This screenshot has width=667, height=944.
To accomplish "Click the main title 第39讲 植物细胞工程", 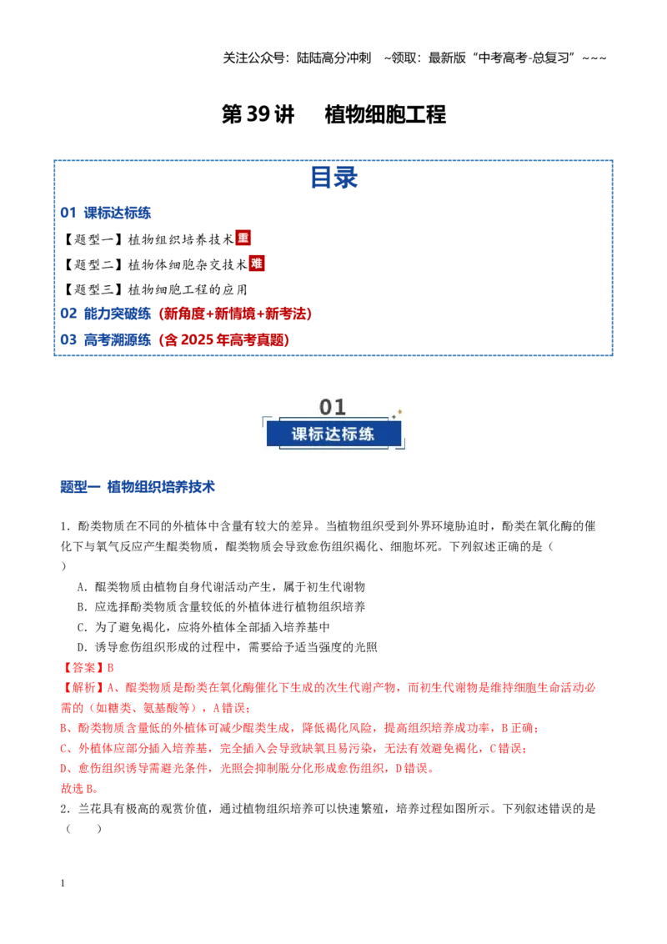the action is coord(333,114).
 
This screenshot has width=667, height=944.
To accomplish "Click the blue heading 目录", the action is coord(334,178).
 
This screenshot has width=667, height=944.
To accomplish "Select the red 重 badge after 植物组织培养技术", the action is coord(243,238).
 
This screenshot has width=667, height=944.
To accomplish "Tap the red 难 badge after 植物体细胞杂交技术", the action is coord(257,263).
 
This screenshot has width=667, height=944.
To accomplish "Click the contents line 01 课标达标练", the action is coord(105,213).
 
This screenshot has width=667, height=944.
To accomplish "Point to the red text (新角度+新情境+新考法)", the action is coord(235,314).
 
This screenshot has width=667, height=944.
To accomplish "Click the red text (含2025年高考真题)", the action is coord(224,340).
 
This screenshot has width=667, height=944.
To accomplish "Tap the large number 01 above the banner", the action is coord(333,407).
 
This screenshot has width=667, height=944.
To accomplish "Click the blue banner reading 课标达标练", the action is coord(333,434).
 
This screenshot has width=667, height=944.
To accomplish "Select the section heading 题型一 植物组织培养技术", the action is coord(138,486).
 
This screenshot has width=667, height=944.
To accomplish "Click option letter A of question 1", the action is coord(82,587).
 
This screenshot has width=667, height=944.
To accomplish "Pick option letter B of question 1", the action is coord(82,607).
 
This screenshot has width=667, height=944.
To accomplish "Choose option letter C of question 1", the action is coord(82,627).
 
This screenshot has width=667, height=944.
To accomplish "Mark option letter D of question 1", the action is coord(82,647).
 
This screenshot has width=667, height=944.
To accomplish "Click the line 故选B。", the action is coord(79,789).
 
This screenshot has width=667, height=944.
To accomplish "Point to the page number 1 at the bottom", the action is coord(63,883).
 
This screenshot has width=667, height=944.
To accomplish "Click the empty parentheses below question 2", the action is coord(83,829).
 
